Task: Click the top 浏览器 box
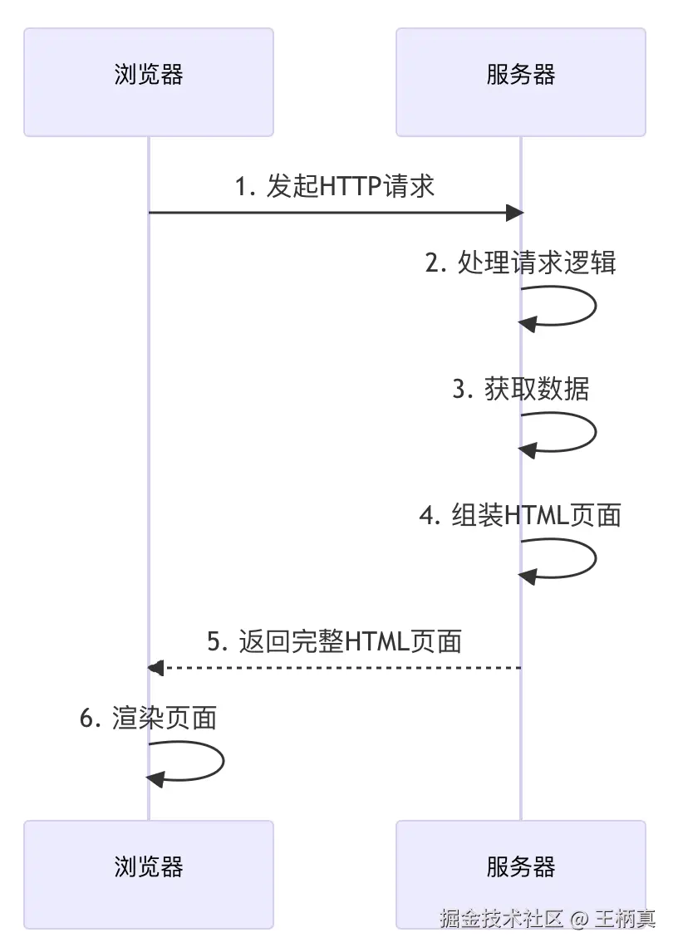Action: tap(148, 81)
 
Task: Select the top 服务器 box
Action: tap(520, 81)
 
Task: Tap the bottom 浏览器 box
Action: tap(148, 874)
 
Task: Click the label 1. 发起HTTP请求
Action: tap(335, 186)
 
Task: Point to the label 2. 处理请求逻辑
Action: tap(521, 263)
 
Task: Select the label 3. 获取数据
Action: tap(521, 389)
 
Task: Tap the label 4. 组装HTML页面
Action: tap(521, 515)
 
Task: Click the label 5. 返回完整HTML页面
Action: tap(335, 641)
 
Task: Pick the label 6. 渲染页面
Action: tap(149, 718)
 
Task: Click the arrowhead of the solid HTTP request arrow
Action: tap(514, 213)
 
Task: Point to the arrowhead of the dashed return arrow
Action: tap(155, 668)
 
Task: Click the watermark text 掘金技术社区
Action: tap(502, 918)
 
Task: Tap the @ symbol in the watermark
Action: tap(579, 919)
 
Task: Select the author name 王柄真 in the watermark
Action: tap(626, 918)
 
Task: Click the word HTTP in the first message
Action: tap(350, 186)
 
